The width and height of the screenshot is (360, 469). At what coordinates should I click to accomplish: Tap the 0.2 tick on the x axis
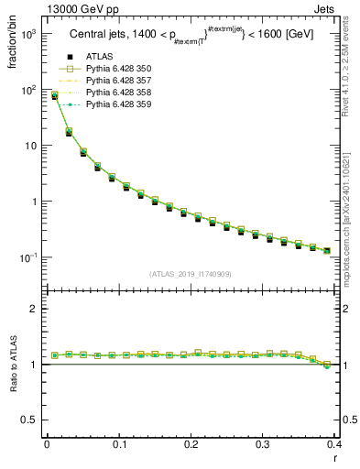pyautogui.click(x=192, y=444)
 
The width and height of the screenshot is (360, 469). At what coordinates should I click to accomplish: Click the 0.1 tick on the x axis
pyautogui.click(x=119, y=444)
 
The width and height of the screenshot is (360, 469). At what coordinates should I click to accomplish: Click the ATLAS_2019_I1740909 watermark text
pyautogui.click(x=191, y=274)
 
